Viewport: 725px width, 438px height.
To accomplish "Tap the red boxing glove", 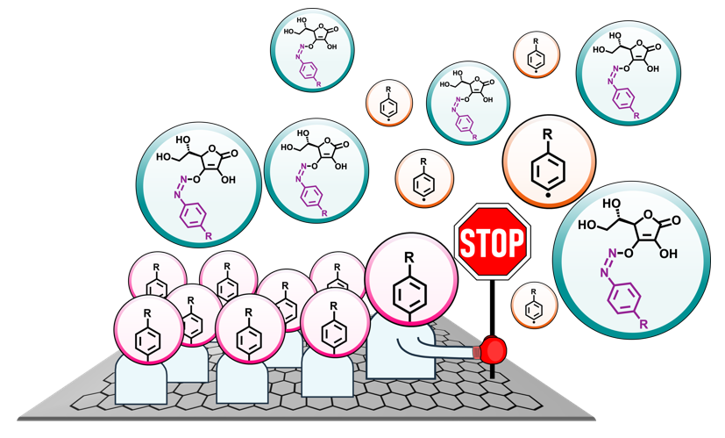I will [x=493, y=351].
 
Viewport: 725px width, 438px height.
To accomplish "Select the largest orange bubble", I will [x=548, y=164].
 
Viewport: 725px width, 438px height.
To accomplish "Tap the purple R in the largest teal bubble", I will [x=643, y=325].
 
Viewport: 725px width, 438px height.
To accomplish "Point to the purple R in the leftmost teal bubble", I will [x=207, y=236].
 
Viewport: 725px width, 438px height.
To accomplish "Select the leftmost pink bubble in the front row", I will [x=147, y=330].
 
